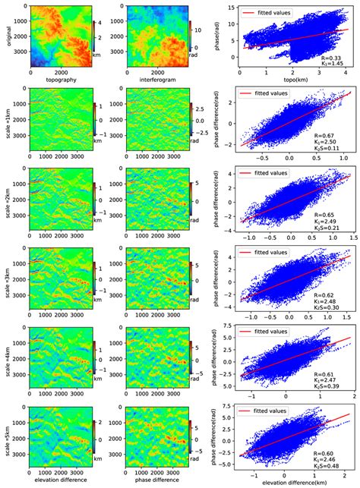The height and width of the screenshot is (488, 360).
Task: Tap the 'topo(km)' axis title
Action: click(x=280, y=89)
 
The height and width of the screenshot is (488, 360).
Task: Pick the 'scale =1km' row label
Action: click(x=5, y=123)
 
